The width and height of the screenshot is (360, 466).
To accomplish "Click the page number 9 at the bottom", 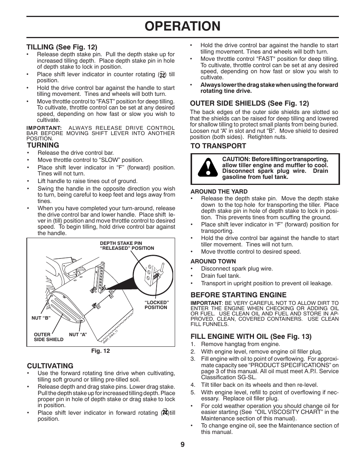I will [182, 444].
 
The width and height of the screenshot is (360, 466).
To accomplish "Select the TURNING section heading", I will [43, 145].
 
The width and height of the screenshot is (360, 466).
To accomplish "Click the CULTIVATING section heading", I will [50, 366].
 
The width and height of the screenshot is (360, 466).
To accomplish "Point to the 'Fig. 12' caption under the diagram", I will [100, 351].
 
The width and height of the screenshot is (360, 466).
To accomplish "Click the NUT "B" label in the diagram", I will [41, 318].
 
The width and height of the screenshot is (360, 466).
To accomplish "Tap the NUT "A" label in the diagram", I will [78, 334].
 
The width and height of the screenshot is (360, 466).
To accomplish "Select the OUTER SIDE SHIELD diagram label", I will [48, 337].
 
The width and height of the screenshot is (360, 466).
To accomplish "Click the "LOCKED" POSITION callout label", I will [156, 305].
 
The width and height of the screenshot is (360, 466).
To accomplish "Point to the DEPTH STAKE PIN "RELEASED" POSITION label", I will [127, 246].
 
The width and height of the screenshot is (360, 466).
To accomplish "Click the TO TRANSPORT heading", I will [218, 146].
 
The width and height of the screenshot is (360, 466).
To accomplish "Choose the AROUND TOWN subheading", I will [213, 261].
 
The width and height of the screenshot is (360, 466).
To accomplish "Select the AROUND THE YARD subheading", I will [219, 191].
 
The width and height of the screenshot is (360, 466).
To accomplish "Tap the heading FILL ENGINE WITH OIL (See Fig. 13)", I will [251, 336].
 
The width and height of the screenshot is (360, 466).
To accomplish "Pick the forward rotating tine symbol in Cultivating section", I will [164, 412].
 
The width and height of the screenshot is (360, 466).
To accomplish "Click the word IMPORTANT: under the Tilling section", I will [44, 128].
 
